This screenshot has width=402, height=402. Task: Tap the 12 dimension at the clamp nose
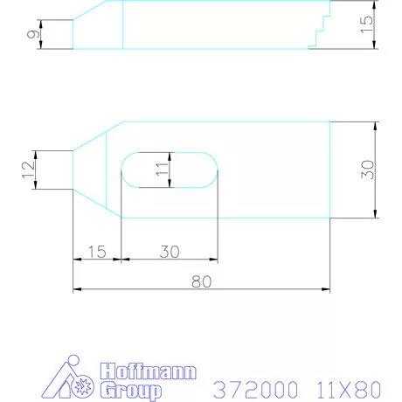point(29,170)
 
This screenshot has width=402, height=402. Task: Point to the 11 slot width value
point(161,169)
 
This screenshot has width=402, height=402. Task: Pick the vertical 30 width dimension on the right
point(367,170)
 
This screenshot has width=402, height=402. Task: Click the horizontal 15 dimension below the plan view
point(96,252)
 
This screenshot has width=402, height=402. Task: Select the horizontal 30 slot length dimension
point(169,252)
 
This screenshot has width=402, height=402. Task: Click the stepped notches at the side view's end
point(319,31)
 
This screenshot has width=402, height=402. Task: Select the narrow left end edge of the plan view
point(73,170)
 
